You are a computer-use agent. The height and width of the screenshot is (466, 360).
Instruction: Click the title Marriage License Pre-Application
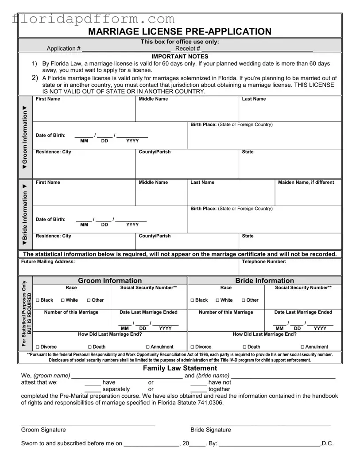(179, 31)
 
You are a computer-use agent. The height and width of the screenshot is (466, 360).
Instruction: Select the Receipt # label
(188, 49)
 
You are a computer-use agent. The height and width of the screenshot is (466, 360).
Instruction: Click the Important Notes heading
(180, 57)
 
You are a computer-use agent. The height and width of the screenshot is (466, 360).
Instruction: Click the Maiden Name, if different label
(306, 183)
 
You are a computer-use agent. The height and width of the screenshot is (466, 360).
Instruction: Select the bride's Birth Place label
(232, 209)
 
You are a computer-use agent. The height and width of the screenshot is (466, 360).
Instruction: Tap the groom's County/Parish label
(155, 152)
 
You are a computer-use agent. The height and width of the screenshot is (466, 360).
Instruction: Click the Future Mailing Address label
(48, 262)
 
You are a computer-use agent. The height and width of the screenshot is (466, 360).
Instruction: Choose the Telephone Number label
(264, 262)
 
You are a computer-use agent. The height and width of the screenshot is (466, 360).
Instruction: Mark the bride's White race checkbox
(218, 300)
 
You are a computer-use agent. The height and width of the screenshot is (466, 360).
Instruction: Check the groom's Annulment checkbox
(148, 347)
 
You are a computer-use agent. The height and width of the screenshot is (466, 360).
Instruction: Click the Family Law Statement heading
(180, 369)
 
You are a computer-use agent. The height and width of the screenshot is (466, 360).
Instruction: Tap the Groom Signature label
(43, 430)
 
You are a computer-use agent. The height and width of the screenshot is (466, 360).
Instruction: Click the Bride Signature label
(210, 430)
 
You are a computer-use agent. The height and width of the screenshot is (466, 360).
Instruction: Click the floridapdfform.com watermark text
(94, 19)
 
